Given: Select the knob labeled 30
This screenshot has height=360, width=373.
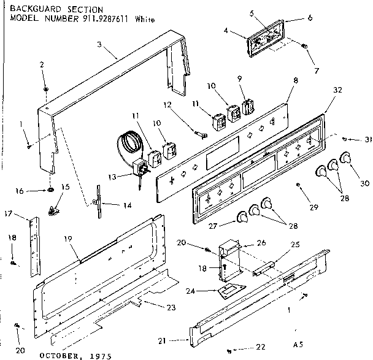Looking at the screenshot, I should point(348,160).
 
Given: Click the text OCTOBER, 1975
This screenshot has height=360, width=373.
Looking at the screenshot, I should point(72,354).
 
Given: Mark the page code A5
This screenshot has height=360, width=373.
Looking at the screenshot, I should point(298,344).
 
